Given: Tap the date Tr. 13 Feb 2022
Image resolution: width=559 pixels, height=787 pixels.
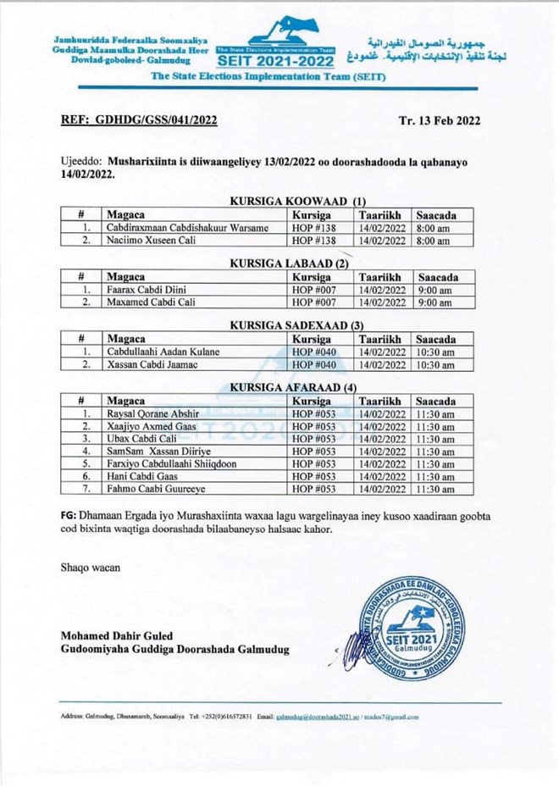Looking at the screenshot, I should coord(439,119).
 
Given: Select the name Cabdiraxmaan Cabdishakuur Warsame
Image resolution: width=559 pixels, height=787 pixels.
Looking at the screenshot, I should coord(187,228).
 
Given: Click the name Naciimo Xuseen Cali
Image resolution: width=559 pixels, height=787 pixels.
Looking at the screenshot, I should coord(150,241).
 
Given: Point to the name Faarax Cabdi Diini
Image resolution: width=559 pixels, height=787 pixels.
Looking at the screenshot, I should coord(146,290).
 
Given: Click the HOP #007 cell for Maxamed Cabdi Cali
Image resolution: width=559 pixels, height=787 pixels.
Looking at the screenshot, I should coord(313,302).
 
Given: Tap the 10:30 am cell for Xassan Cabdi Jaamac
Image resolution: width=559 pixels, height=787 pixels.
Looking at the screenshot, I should coord(436,365).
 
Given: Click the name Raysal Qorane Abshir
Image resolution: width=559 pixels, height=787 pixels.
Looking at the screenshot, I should coord(153,413).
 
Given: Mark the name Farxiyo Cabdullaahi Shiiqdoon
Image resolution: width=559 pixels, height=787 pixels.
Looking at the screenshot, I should coord(172,463).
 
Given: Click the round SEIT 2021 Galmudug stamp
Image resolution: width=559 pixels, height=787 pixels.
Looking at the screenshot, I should coord(409,629).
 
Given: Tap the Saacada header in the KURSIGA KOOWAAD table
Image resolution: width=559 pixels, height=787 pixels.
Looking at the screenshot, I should coord(436,215).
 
